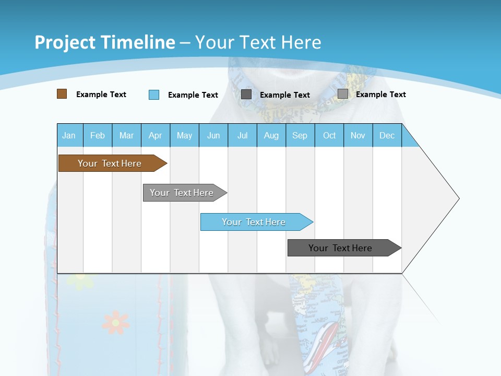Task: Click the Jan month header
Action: [69, 135]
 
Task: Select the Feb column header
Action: [98, 135]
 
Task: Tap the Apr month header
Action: [155, 135]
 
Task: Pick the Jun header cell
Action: [213, 135]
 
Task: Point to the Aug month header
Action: [271, 135]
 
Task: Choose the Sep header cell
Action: [300, 135]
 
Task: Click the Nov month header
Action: [358, 135]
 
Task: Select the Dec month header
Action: [387, 135]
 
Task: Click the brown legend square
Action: [62, 94]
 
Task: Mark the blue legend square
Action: [154, 95]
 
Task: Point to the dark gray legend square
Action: [246, 95]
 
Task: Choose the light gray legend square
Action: [343, 94]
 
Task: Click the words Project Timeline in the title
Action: [105, 42]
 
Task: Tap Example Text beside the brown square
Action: [101, 95]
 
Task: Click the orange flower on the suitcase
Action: [115, 322]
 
